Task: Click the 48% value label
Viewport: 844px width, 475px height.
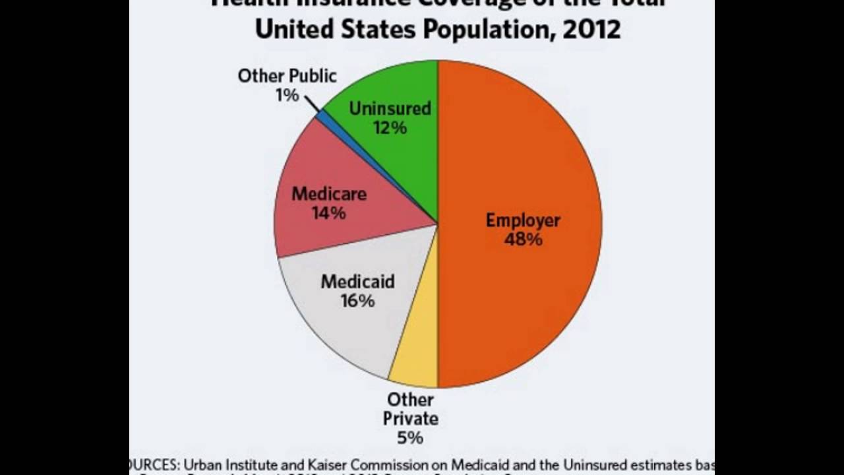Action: (523, 239)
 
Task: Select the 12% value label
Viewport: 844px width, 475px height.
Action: (390, 127)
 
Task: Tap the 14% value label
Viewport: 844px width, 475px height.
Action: (328, 213)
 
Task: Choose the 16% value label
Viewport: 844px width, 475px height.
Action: (357, 301)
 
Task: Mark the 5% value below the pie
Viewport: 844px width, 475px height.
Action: (410, 437)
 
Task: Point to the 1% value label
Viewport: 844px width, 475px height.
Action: (287, 96)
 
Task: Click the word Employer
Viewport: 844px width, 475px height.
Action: (523, 220)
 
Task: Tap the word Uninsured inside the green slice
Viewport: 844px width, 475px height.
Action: (390, 108)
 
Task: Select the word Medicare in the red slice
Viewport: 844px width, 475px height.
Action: (329, 194)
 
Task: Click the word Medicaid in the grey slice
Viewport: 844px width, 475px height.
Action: (357, 282)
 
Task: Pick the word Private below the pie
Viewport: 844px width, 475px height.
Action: (410, 418)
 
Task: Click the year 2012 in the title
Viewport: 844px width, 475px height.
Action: (591, 29)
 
